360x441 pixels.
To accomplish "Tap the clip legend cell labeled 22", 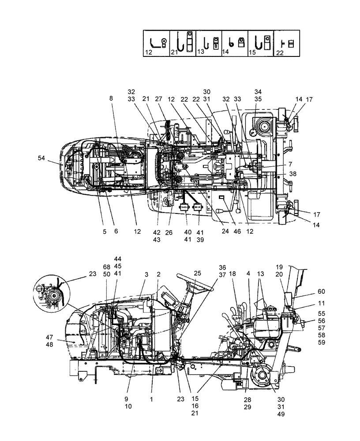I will (x=287, y=43).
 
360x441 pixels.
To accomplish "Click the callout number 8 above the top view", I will (x=112, y=99).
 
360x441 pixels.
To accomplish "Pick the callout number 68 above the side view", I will (x=106, y=268).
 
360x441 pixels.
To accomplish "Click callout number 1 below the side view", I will (x=151, y=400).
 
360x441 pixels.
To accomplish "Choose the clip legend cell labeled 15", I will (x=261, y=43).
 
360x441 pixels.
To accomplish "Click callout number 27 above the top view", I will (x=159, y=99).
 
